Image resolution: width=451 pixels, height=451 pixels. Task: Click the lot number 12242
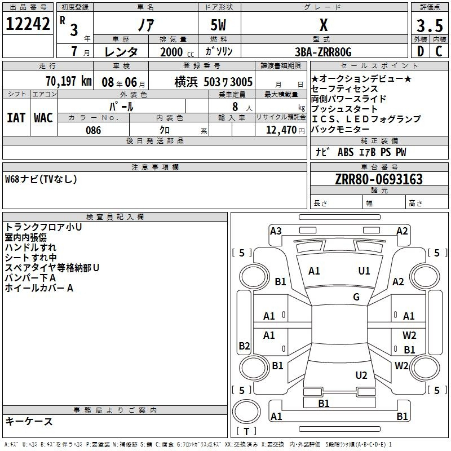tap(28, 24)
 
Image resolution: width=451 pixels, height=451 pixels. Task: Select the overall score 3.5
tap(430, 25)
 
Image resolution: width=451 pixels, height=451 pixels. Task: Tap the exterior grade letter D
tap(421, 51)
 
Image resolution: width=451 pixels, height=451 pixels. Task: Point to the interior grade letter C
tap(439, 51)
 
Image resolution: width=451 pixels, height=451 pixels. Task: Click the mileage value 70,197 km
tap(69, 81)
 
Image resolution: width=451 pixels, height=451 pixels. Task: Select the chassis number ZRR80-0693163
tap(379, 179)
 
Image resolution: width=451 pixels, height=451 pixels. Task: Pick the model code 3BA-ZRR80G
tap(323, 52)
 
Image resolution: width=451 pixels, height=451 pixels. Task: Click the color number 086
tap(94, 130)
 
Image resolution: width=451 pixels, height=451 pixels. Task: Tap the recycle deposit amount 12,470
tap(281, 130)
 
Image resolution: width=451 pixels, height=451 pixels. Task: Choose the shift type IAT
tap(16, 118)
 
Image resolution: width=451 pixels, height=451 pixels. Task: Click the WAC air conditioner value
tap(43, 118)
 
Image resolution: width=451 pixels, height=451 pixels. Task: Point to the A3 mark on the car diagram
tap(276, 231)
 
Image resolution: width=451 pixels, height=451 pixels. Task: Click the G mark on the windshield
tap(356, 297)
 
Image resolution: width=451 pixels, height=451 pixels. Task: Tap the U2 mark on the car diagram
tap(361, 375)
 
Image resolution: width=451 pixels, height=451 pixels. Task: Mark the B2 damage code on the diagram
tap(244, 346)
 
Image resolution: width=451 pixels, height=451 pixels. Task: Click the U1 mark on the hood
tap(364, 271)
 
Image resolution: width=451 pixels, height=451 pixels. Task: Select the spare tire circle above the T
tap(246, 412)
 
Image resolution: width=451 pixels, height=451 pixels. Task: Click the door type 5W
tap(218, 25)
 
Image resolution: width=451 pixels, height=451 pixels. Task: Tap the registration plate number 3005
tap(242, 82)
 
